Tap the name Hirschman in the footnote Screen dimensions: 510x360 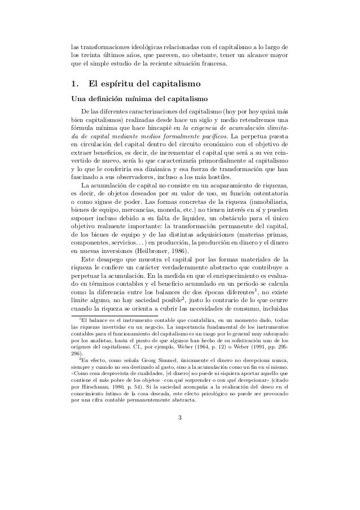tap(95, 373)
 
